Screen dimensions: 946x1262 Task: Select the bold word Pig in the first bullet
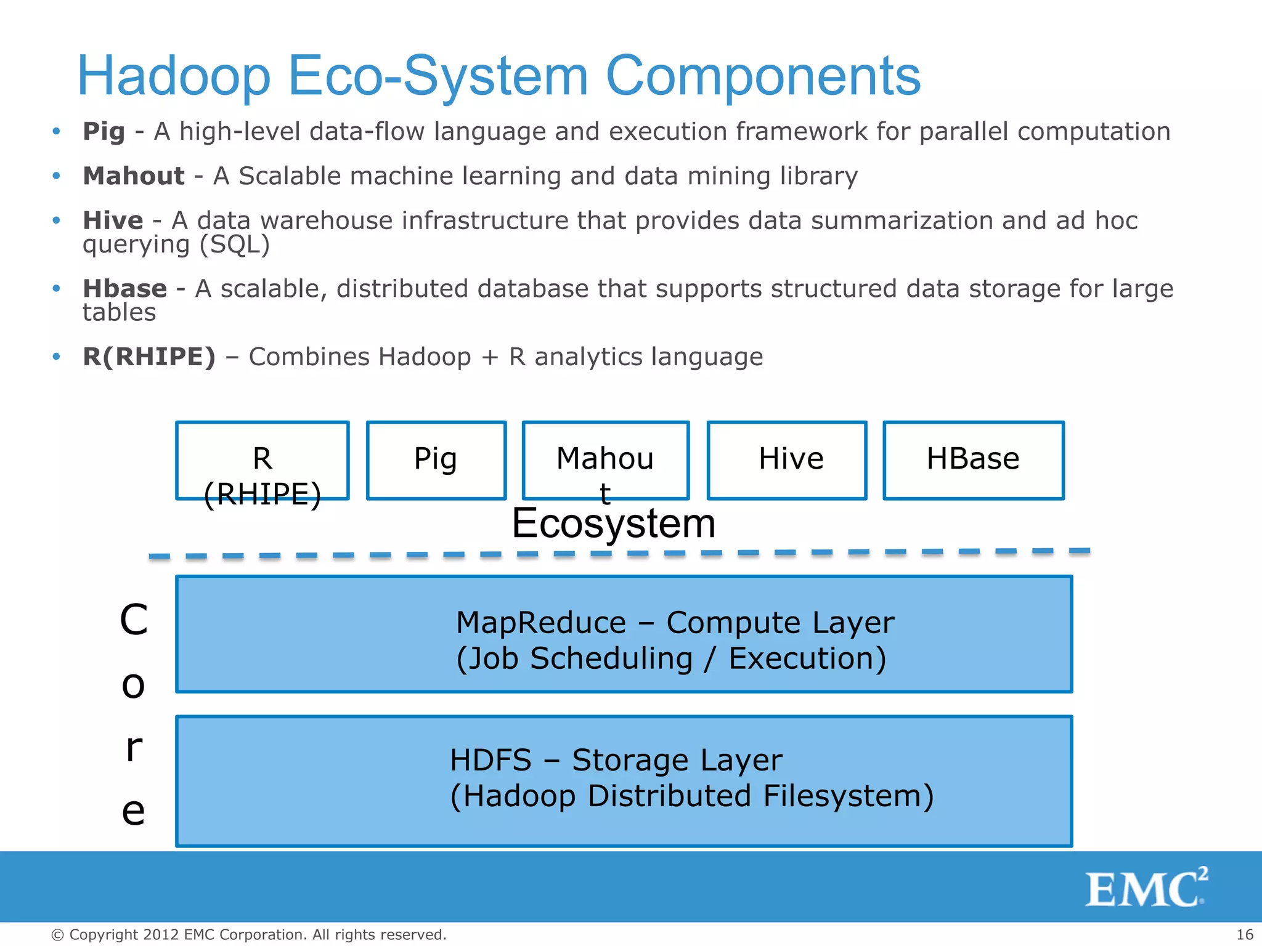pyautogui.click(x=104, y=131)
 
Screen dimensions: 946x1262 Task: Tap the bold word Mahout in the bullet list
pyautogui.click(x=134, y=176)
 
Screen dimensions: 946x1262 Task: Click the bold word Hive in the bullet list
pyautogui.click(x=113, y=220)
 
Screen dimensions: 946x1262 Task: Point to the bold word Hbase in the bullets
pyautogui.click(x=124, y=289)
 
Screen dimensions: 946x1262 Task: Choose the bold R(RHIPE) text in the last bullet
pyautogui.click(x=149, y=357)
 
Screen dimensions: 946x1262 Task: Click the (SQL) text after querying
pyautogui.click(x=235, y=245)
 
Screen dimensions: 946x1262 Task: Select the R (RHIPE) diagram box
pyautogui.click(x=263, y=461)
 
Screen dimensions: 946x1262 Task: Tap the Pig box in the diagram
pyautogui.click(x=436, y=460)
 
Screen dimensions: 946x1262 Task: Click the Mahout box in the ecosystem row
pyautogui.click(x=605, y=460)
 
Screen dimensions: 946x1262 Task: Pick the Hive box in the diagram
pyautogui.click(x=787, y=460)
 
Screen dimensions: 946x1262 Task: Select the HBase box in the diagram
pyautogui.click(x=974, y=460)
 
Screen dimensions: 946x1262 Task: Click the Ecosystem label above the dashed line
pyautogui.click(x=614, y=524)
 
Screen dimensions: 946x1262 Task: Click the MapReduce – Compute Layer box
pyautogui.click(x=624, y=634)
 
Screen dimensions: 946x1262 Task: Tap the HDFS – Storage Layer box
pyautogui.click(x=624, y=781)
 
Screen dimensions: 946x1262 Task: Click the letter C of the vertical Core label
pyautogui.click(x=134, y=620)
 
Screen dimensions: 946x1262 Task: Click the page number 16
pyautogui.click(x=1245, y=934)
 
